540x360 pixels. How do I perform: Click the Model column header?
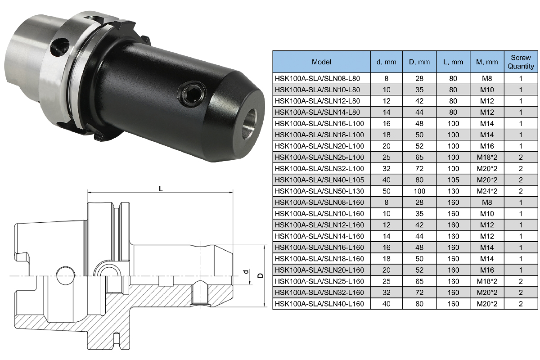click(321, 62)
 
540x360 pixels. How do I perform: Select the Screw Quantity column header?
click(521, 62)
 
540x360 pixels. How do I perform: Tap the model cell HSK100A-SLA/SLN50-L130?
click(319, 191)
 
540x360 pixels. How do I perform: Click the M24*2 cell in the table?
click(487, 191)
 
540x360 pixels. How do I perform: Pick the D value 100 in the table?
click(419, 191)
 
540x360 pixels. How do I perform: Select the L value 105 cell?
click(453, 180)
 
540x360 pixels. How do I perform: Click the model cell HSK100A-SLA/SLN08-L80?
click(317, 78)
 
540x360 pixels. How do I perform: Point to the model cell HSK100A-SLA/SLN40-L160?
click(319, 304)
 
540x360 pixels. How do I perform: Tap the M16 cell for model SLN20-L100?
click(487, 146)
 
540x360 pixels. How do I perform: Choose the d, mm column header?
click(387, 62)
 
